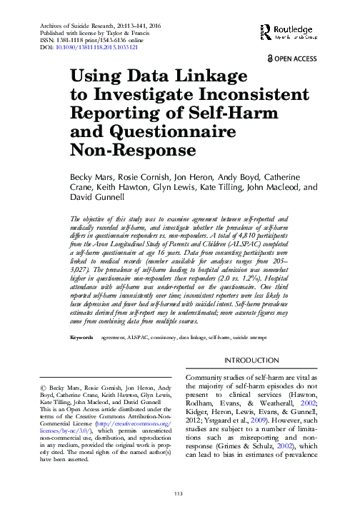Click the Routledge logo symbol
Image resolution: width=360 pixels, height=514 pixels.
(266, 29)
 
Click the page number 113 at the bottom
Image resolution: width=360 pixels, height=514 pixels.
(179, 494)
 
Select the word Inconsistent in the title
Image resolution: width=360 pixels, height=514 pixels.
(249, 95)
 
